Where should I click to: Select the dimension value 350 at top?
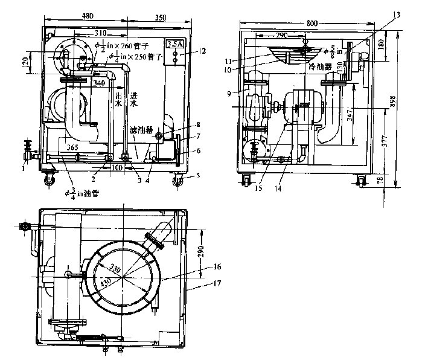pos(161,14)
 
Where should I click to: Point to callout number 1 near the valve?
pos(23,168)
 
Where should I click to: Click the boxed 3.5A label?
pos(174,44)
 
